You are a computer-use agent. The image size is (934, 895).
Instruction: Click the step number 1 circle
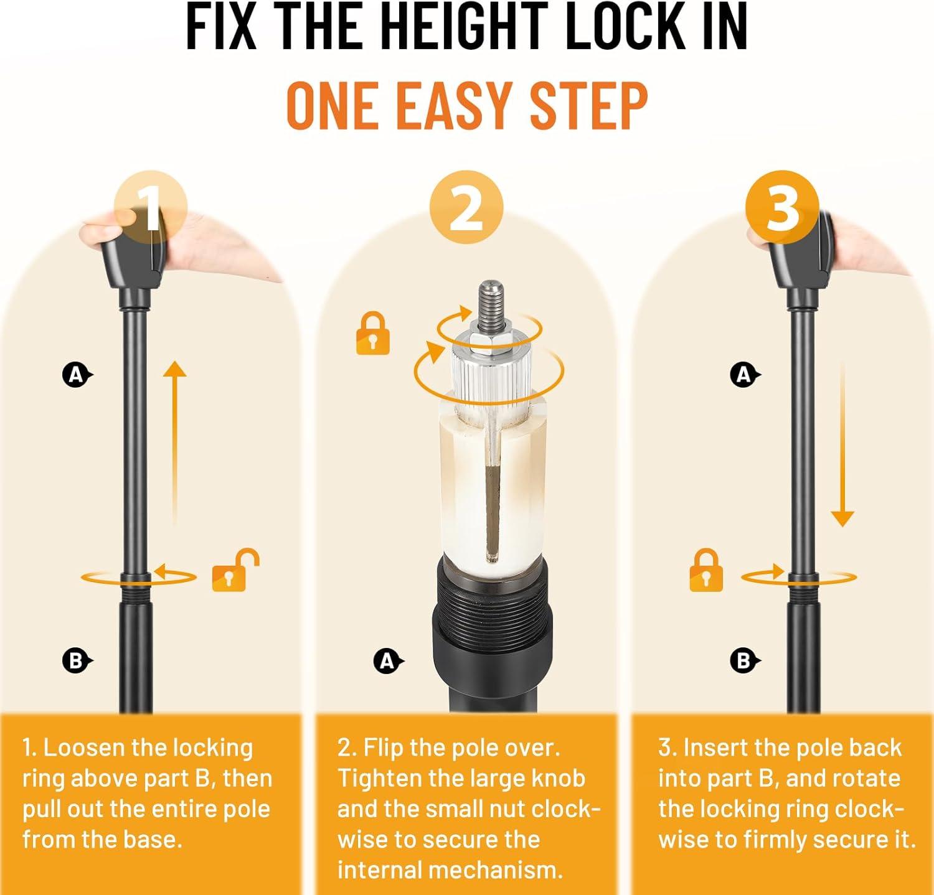tap(151, 208)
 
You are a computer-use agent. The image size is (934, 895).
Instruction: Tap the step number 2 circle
tap(466, 208)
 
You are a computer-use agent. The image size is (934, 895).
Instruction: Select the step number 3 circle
tap(783, 208)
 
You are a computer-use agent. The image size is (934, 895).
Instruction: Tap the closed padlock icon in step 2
tap(373, 334)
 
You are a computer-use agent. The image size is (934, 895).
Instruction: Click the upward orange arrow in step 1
tap(175, 444)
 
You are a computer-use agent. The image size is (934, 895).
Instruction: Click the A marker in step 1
tap(76, 375)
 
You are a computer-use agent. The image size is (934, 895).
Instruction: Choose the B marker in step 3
tap(744, 660)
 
